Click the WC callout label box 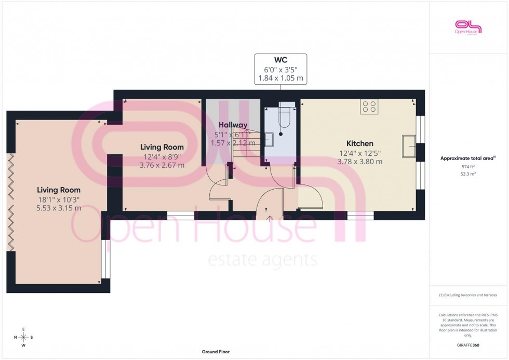click(x=280, y=69)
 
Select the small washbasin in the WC click(x=270, y=140)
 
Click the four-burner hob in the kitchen click(x=369, y=106)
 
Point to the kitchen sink click(x=408, y=145)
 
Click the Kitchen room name click(x=360, y=143)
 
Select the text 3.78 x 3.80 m click(x=360, y=162)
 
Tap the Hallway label click(x=233, y=125)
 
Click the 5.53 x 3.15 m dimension click(x=59, y=208)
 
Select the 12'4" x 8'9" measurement click(x=162, y=156)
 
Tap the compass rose click(x=24, y=337)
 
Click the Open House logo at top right click(x=468, y=27)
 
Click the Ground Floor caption click(x=216, y=352)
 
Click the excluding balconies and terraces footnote click(x=468, y=295)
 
